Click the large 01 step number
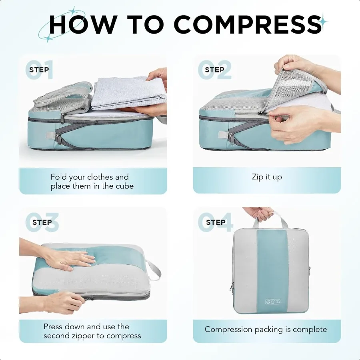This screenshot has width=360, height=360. point(39,70)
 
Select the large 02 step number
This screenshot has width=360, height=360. point(215,70)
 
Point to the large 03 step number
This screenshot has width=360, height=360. point(42,223)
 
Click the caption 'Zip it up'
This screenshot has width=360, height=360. point(267,177)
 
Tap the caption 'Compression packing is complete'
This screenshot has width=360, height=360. point(266,330)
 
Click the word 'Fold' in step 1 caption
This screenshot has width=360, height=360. point(59,177)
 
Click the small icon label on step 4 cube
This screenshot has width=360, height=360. point(272,302)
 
